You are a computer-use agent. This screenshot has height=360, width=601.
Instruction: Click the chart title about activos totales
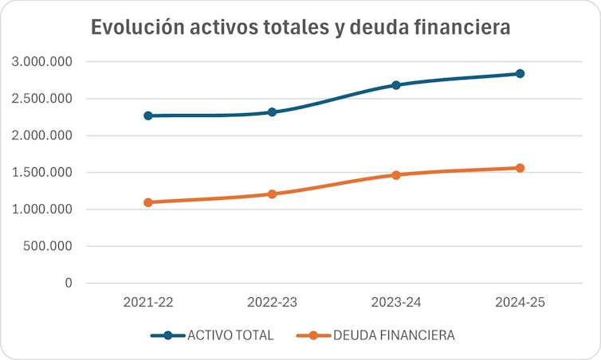[x=300, y=27]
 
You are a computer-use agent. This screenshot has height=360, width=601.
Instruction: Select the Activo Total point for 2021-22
[x=148, y=115]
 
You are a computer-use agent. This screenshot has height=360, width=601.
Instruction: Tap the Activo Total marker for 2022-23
[x=272, y=112]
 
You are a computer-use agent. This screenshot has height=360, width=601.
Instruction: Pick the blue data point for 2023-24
[x=396, y=84]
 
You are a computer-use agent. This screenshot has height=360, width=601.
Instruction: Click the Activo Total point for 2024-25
[x=520, y=73]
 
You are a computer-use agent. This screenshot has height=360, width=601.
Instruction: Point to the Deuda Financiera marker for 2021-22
[x=148, y=202]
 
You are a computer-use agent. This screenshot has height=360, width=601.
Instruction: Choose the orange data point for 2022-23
[x=272, y=194]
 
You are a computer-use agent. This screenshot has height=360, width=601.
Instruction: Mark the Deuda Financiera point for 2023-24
[x=396, y=174]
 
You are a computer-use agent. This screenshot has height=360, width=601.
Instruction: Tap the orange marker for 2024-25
[x=520, y=168]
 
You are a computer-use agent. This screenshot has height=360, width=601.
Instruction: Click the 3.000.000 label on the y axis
[x=43, y=62]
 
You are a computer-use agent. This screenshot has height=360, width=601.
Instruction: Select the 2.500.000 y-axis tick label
[x=43, y=99]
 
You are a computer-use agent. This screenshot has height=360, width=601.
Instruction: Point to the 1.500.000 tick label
[x=43, y=173]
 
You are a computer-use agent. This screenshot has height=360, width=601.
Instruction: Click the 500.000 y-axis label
[x=49, y=246]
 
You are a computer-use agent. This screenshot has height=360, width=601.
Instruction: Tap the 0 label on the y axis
[x=69, y=283]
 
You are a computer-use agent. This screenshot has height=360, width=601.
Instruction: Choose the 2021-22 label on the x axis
[x=148, y=303]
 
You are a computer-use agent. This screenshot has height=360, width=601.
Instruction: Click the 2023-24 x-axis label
[x=396, y=303]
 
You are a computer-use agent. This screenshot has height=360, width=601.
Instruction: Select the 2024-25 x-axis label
[x=520, y=303]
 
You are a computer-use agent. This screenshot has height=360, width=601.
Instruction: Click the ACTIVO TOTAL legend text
[x=230, y=335]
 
